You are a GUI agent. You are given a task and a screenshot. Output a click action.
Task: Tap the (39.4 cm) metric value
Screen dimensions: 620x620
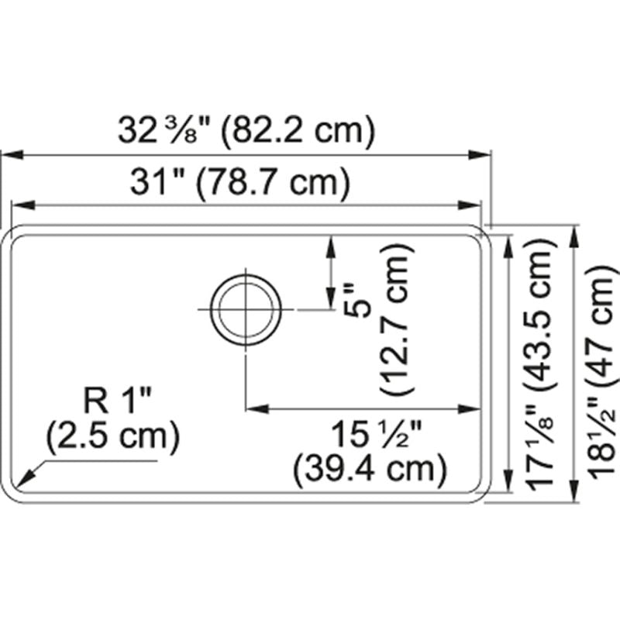pos(370,467)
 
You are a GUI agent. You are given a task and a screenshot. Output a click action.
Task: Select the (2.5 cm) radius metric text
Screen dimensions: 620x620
pos(112,439)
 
